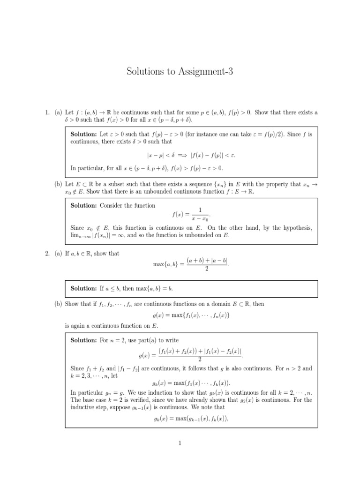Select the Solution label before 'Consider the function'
(x=84, y=205)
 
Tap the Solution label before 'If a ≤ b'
(x=84, y=288)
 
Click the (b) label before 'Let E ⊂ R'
(x=59, y=184)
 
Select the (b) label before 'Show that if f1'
(x=59, y=304)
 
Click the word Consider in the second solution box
(x=114, y=205)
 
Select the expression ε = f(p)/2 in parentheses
(x=275, y=134)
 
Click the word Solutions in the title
(x=149, y=72)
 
